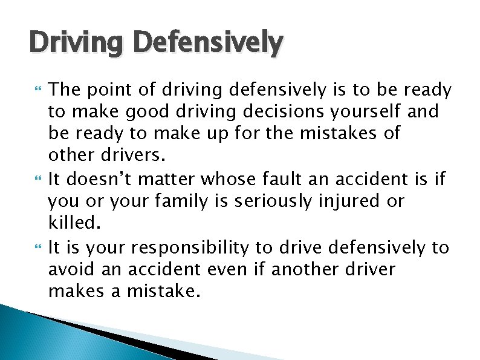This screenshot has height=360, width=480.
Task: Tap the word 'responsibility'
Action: pyautogui.click(x=196, y=247)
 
